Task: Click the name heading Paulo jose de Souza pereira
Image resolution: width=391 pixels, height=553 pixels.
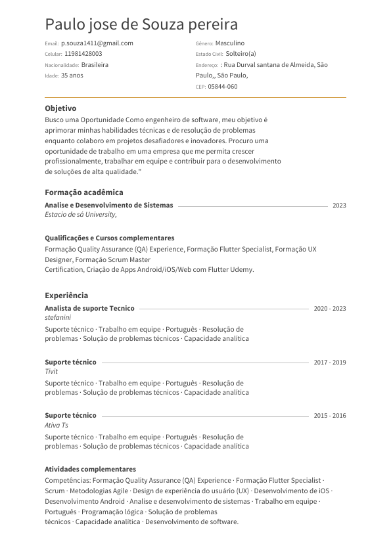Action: click(x=141, y=25)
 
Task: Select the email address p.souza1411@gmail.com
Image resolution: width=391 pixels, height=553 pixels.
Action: click(x=97, y=43)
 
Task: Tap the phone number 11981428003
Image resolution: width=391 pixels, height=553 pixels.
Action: click(x=83, y=54)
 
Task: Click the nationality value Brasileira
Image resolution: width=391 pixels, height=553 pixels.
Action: click(x=95, y=65)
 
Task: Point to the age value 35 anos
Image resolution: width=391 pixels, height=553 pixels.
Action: click(x=72, y=76)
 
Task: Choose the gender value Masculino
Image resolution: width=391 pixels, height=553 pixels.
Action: click(x=230, y=43)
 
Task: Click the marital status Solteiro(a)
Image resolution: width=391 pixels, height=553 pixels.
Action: click(x=241, y=54)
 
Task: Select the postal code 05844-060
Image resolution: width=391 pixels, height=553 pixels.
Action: click(x=223, y=87)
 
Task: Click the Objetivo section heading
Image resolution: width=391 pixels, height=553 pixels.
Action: click(x=60, y=108)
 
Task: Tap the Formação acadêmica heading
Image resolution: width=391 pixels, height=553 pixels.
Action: click(x=84, y=192)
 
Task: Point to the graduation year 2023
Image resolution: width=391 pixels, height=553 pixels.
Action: click(x=339, y=206)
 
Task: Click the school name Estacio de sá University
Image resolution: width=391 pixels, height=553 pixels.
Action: click(x=81, y=214)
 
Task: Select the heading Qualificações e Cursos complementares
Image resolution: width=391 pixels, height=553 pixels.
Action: click(x=110, y=238)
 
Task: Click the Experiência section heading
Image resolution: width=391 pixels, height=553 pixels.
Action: click(x=66, y=296)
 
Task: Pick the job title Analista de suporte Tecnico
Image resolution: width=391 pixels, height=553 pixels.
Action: click(x=89, y=308)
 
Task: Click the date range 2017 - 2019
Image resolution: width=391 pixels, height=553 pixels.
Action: click(x=330, y=363)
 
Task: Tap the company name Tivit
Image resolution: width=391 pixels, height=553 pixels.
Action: click(x=51, y=371)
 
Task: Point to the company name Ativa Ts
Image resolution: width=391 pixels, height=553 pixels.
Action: click(x=57, y=425)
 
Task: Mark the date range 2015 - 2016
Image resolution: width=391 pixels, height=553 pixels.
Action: click(x=330, y=416)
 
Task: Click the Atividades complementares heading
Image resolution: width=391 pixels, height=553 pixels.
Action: click(x=90, y=469)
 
